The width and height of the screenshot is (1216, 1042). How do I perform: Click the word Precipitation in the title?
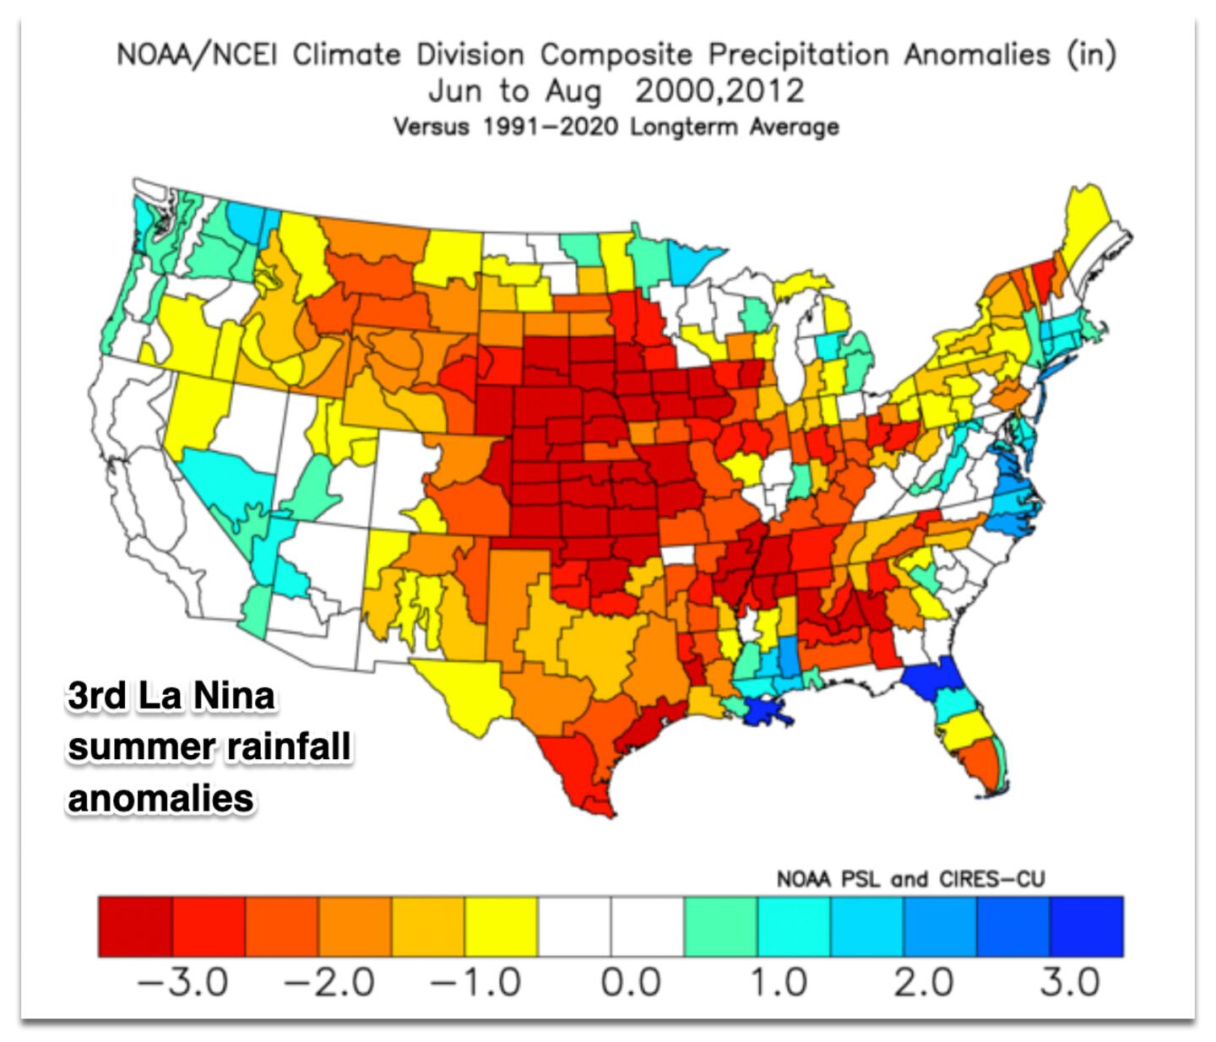[x=797, y=56]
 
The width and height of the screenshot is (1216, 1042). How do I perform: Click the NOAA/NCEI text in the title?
[x=199, y=56]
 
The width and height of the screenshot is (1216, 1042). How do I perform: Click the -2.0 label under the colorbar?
[x=329, y=983]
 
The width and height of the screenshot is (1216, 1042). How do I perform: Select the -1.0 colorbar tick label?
[x=475, y=983]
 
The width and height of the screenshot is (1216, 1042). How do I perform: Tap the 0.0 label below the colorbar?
[x=630, y=983]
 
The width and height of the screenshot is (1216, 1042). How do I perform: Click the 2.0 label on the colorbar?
[x=924, y=983]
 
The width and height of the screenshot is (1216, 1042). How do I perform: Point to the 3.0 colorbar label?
[x=1070, y=983]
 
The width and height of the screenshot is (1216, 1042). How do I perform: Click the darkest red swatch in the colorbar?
[x=135, y=926]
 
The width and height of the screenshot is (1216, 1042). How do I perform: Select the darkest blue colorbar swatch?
[x=1087, y=926]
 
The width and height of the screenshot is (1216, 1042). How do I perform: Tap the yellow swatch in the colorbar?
[x=501, y=926]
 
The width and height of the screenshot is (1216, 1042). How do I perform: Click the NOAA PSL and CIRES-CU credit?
[x=910, y=879]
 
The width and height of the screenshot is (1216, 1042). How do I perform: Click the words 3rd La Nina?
[x=171, y=697]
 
